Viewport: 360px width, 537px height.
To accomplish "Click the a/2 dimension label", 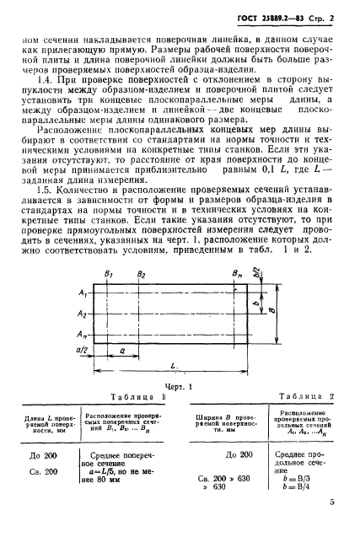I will click(83, 347).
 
